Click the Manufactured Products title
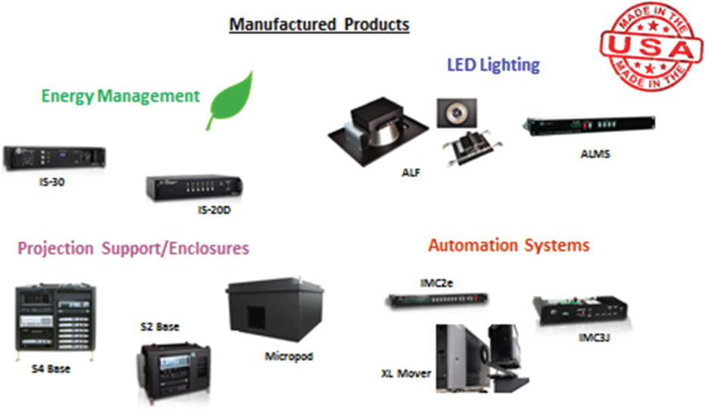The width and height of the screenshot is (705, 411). [320, 24]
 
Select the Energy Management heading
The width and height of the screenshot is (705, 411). [120, 96]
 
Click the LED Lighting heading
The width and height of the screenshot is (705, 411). [493, 65]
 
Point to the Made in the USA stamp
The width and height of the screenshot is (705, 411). [651, 46]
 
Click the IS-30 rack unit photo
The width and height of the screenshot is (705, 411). [55, 158]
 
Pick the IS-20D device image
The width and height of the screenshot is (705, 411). [194, 187]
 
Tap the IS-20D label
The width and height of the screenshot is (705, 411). [214, 210]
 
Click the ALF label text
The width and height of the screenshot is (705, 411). [411, 173]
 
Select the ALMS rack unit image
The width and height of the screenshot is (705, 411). [589, 125]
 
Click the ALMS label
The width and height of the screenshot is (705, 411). [595, 154]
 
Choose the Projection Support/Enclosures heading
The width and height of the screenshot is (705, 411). [133, 248]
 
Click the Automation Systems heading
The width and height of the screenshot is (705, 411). [509, 245]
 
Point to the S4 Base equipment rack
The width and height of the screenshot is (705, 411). [55, 322]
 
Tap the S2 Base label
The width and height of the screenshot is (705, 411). [160, 326]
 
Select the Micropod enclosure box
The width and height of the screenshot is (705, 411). [275, 309]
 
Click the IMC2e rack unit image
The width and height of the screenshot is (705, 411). [437, 299]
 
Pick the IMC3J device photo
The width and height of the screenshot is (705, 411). [581, 310]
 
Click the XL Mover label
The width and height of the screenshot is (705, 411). [406, 373]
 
